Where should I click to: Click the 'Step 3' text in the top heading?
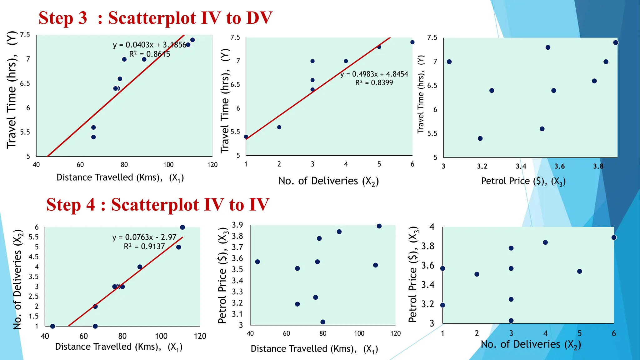(x=62, y=18)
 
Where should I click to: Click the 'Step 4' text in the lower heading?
(x=71, y=205)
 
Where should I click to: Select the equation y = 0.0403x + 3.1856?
(x=149, y=45)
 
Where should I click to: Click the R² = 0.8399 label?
(x=374, y=83)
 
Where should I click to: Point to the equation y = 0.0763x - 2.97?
(x=144, y=237)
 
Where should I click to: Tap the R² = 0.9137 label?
(x=144, y=247)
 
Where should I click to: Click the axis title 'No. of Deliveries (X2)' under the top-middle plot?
(x=328, y=181)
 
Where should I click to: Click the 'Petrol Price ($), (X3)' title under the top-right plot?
(x=523, y=181)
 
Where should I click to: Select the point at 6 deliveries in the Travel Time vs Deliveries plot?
(x=412, y=42)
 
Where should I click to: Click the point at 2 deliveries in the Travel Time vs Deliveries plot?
(x=279, y=127)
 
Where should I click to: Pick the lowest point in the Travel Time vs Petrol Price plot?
(x=480, y=138)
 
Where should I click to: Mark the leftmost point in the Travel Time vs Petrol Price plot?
(x=449, y=62)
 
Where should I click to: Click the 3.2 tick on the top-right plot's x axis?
(x=482, y=166)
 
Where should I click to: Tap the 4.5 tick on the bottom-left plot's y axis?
(x=34, y=257)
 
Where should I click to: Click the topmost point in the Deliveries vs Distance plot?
(x=182, y=227)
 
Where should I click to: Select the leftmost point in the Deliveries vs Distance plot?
(x=52, y=326)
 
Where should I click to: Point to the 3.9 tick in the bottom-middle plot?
(x=237, y=225)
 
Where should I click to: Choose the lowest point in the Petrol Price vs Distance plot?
(x=323, y=322)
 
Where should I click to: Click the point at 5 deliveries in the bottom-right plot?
(x=579, y=271)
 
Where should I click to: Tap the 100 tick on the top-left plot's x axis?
(x=168, y=165)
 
